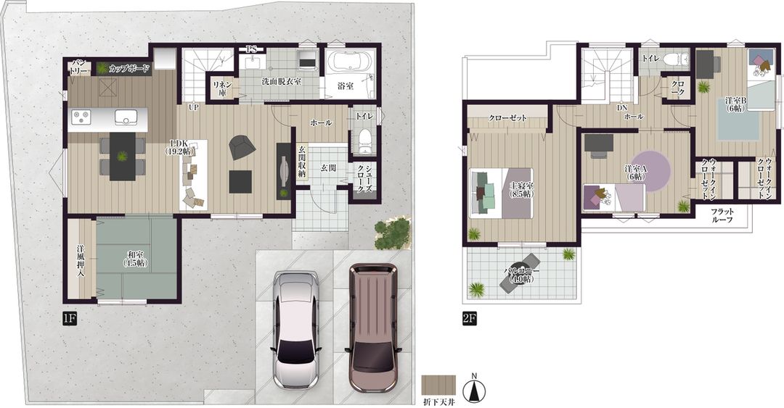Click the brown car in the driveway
click(372, 327)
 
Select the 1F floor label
click(70, 317)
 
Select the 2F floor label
click(470, 317)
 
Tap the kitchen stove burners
click(82, 117)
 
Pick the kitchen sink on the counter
click(125, 117)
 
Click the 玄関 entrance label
click(327, 167)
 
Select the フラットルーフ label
click(727, 215)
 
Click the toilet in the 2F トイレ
click(678, 59)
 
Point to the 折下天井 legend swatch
click(438, 384)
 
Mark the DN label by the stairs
click(622, 107)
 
